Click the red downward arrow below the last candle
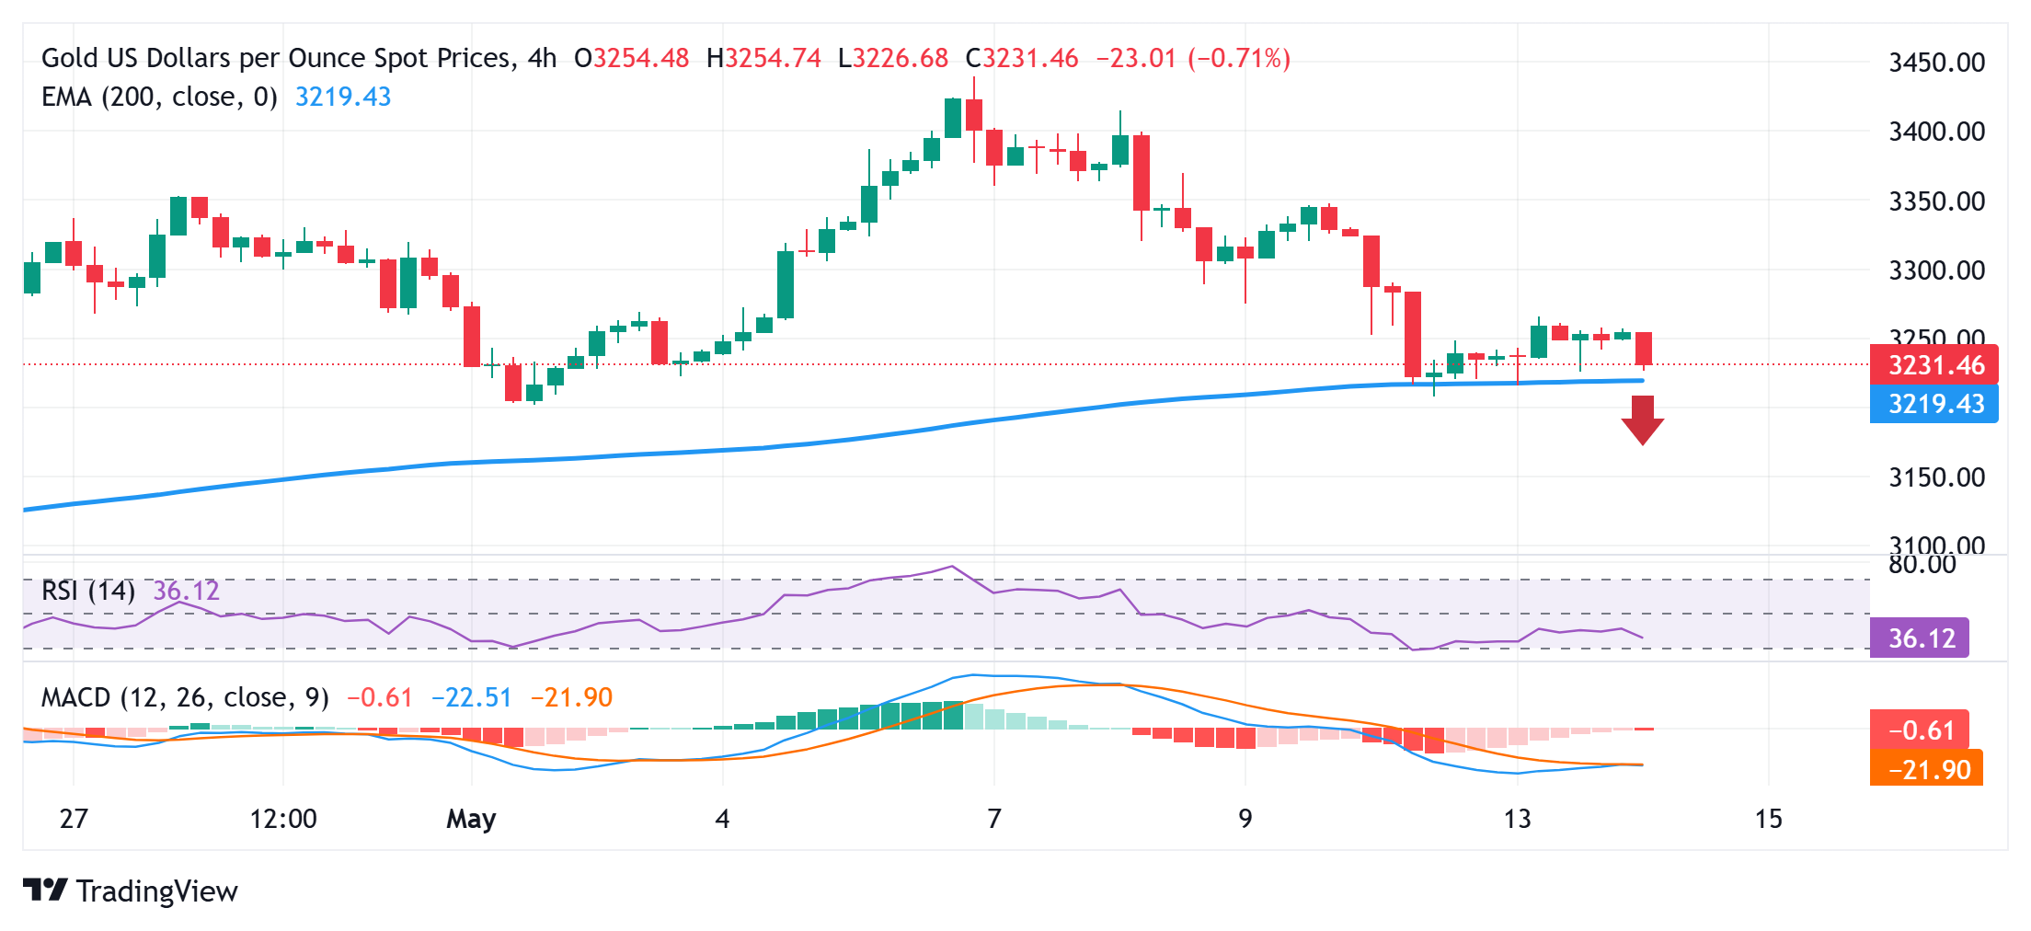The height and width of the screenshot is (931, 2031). pos(1642,420)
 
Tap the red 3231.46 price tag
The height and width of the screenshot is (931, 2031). pos(1933,365)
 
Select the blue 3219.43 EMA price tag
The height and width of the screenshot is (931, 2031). pos(1933,404)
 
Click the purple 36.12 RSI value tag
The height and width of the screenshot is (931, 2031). pos(1920,638)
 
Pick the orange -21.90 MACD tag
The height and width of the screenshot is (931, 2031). pos(1927,769)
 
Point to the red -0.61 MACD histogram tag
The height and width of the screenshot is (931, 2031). pos(1920,730)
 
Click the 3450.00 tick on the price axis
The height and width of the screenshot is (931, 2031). pos(1936,63)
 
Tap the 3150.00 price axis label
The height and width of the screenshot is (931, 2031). pos(1936,477)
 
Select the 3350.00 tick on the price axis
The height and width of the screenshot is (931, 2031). pos(1936,201)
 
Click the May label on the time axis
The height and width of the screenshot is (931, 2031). pos(471,818)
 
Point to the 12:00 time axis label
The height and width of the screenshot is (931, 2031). pos(283,818)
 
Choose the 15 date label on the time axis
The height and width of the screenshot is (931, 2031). pos(1768,818)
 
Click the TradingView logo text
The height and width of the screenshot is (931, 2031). pos(156,891)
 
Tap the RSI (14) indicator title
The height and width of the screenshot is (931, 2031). pos(88,591)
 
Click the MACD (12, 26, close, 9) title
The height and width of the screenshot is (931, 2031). pos(185,697)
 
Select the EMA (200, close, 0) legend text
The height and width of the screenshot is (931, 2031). pos(159,97)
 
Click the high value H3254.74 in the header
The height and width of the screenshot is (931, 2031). pos(763,58)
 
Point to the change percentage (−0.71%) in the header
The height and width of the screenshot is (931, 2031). pos(1239,58)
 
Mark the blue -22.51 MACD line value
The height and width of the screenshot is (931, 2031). pos(471,697)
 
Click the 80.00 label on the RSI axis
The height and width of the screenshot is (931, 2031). pos(1922,564)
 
